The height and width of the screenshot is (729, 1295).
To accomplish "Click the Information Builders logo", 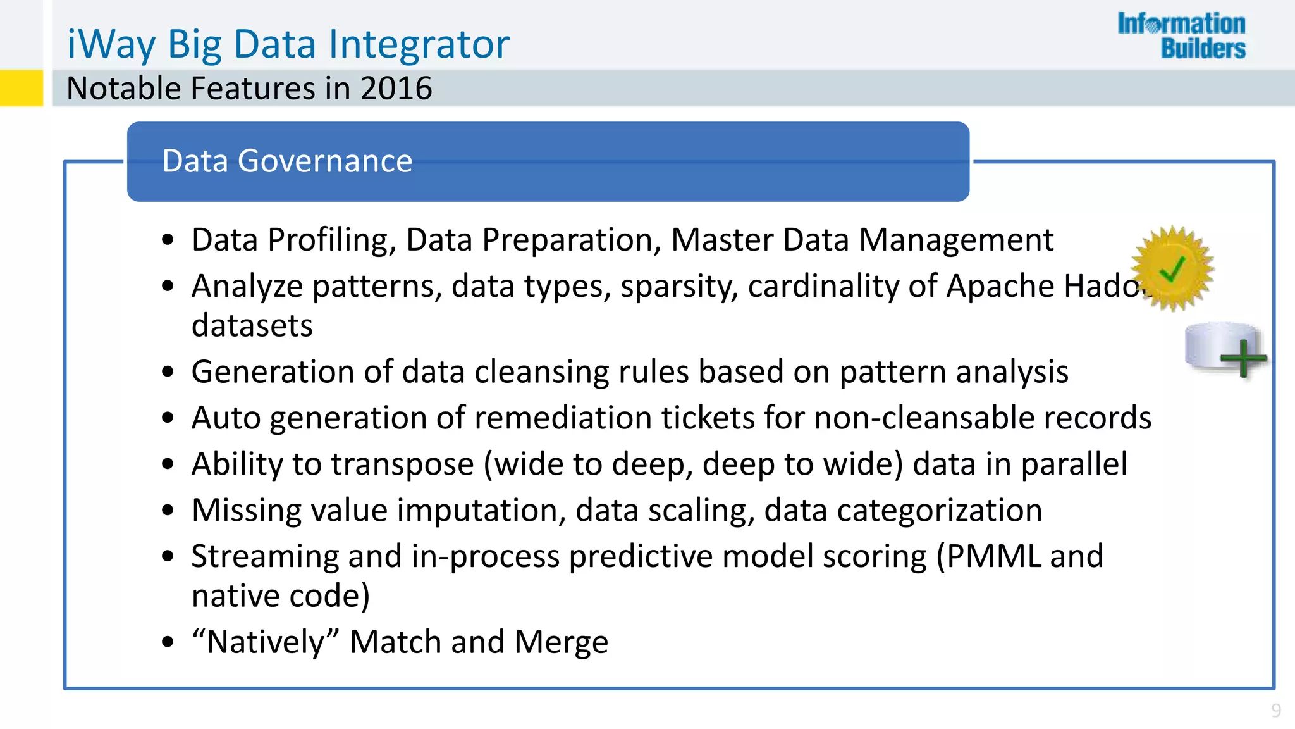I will coord(1181,35).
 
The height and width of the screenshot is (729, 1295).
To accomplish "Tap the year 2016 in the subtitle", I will coord(396,89).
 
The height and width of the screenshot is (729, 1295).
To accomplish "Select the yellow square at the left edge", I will coord(21,88).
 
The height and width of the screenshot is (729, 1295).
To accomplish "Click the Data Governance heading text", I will coord(287,161).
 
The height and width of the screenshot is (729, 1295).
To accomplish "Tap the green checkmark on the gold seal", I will coord(1172,270).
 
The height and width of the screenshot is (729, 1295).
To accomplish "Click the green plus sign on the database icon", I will coord(1243,358).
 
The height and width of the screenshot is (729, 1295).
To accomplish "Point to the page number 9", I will coord(1276,711).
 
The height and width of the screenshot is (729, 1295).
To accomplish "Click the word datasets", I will coord(252,326).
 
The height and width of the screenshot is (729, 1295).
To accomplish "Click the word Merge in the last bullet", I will coord(561,642).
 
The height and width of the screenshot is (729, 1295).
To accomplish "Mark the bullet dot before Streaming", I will coord(168,557).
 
